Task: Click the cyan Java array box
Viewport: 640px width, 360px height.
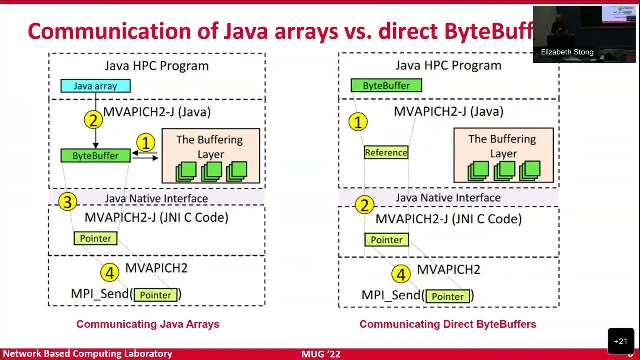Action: [95, 86]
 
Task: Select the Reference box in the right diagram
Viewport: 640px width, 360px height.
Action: [386, 152]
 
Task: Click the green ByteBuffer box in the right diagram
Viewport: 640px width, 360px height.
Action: [386, 85]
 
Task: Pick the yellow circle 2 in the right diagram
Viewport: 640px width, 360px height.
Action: [364, 205]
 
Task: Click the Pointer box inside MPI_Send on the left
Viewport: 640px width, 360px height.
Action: [156, 295]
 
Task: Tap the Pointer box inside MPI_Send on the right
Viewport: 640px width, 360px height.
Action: [448, 296]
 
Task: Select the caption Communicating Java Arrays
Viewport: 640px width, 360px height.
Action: [148, 324]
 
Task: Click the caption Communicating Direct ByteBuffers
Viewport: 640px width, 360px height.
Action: [448, 324]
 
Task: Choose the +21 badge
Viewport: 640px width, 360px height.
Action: [620, 341]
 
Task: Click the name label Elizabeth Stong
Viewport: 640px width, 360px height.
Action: [567, 52]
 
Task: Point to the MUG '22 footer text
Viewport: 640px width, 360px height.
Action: [321, 354]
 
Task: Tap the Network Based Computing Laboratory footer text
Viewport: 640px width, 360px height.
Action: [88, 354]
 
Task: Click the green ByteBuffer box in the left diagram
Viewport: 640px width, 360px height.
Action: [95, 155]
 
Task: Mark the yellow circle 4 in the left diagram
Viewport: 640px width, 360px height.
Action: [110, 273]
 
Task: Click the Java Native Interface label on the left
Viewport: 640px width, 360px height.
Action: [156, 198]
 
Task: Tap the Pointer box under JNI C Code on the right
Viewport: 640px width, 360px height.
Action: [386, 240]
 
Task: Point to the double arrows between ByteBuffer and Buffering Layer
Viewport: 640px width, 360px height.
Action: [146, 156]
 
